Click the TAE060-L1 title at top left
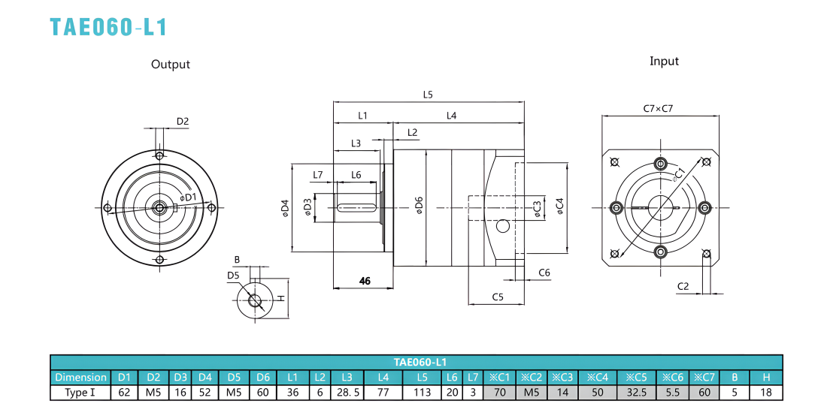pos(108,27)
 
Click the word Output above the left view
pos(171,65)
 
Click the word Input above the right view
pos(664,61)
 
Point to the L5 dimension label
pos(428,95)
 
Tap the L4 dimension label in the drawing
pos(452,115)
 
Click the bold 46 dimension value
pos(365,281)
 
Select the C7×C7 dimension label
pos(658,109)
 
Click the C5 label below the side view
pos(498,297)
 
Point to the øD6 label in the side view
pos(420,206)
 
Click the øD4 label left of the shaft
pos(285,207)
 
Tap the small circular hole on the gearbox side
pos(503,226)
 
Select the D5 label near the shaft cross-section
pos(233,276)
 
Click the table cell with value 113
pos(422,393)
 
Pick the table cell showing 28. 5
pos(347,393)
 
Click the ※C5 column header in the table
pos(637,377)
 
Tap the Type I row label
pos(80,393)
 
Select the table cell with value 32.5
pos(637,393)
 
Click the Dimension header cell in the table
pos(80,377)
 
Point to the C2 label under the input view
pos(683,286)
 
